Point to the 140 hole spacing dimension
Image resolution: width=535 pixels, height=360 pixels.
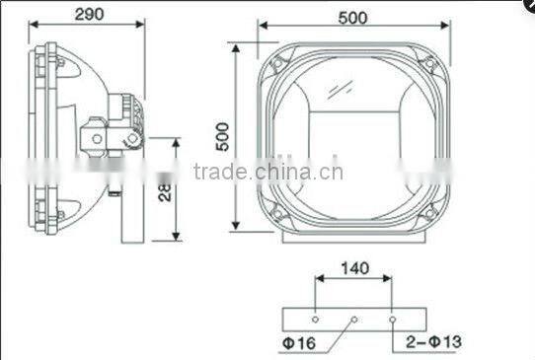(353, 267)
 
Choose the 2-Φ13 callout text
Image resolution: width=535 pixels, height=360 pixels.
(434, 342)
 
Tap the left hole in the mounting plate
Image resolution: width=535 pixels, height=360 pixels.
(315, 320)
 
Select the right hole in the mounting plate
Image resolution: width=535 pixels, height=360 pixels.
(392, 320)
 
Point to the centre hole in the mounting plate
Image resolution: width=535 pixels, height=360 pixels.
(353, 320)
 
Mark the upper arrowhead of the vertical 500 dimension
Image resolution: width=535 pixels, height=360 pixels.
(235, 47)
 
